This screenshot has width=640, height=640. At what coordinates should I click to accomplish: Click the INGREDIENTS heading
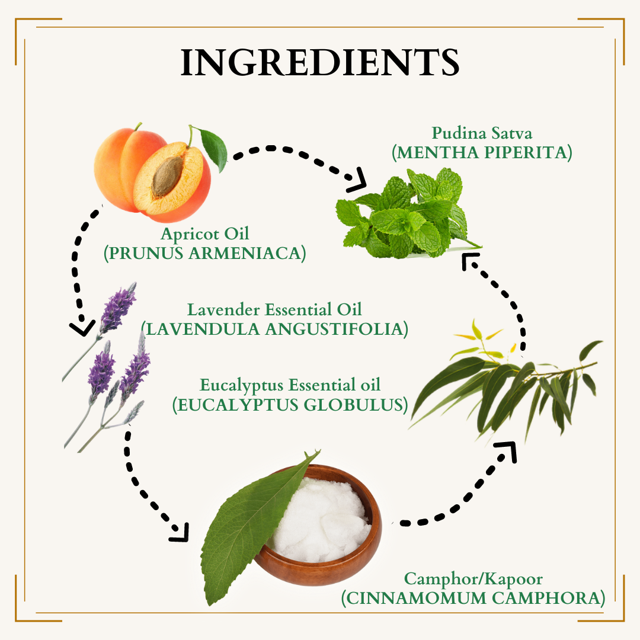[320, 62]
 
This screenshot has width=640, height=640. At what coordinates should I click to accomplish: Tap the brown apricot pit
[167, 177]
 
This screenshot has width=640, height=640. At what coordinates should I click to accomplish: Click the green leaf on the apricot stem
[213, 149]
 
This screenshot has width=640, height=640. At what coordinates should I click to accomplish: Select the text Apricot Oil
[205, 234]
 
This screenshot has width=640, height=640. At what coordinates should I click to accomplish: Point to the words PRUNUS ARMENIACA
[204, 253]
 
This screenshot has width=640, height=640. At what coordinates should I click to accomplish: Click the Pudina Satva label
[482, 133]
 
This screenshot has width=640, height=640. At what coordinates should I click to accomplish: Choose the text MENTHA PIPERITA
[482, 152]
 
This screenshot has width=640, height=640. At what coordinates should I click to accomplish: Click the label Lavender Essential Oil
[274, 310]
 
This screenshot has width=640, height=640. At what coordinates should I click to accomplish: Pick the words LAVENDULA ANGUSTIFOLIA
[274, 329]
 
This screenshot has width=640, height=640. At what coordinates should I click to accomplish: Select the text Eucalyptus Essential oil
[290, 385]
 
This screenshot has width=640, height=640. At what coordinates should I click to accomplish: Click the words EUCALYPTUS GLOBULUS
[290, 405]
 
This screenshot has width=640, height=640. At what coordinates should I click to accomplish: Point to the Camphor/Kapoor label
[473, 579]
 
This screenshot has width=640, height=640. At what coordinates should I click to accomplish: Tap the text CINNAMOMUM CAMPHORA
[473, 598]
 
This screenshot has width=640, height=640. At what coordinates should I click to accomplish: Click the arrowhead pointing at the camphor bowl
[180, 533]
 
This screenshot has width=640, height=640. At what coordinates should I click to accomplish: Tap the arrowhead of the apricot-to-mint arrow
[356, 180]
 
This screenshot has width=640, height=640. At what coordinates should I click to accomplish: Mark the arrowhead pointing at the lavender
[82, 328]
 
